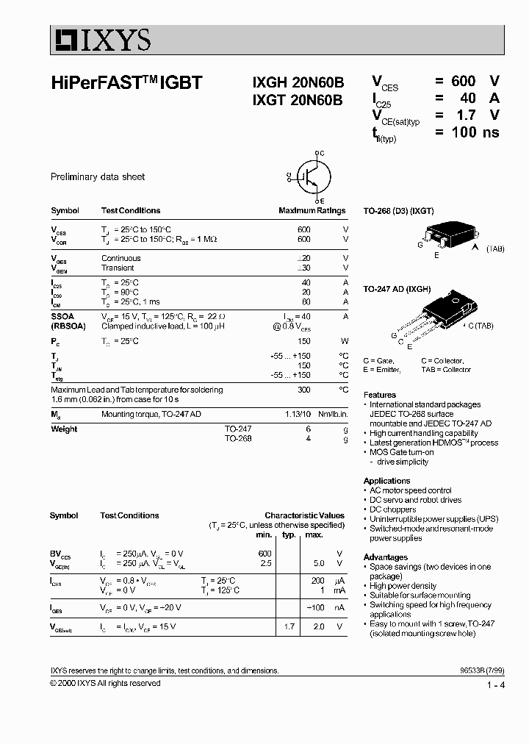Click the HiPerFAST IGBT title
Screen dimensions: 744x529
(126, 84)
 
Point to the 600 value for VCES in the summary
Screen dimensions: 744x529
(463, 81)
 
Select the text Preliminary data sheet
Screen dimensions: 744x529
(97, 177)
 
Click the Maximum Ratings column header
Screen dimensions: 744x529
(312, 211)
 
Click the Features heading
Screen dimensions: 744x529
(379, 395)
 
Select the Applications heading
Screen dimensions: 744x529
(386, 481)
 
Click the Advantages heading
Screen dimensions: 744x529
(385, 557)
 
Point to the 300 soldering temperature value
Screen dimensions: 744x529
(303, 390)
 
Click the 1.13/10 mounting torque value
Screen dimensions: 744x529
(298, 415)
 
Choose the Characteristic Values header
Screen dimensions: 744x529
(304, 516)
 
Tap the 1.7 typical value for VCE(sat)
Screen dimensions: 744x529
(289, 626)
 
